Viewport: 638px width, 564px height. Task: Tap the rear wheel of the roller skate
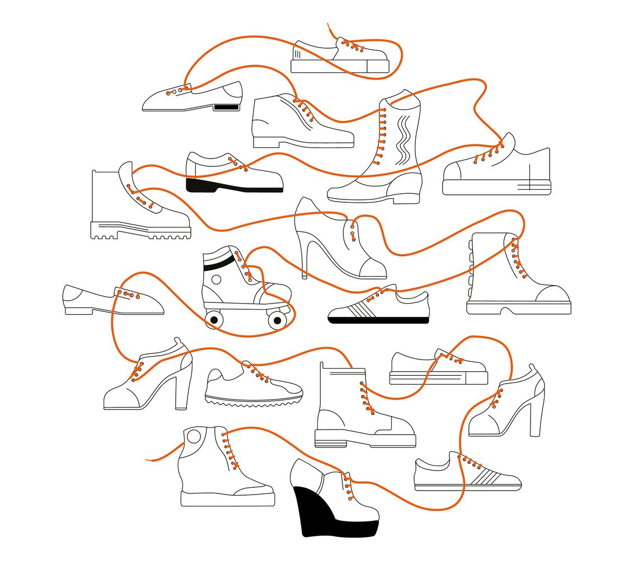pyautogui.click(x=213, y=320)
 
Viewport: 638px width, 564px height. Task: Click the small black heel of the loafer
pyautogui.click(x=226, y=106)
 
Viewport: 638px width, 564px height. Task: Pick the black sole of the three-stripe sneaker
pyautogui.click(x=378, y=320)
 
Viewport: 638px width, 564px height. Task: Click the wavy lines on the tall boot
pyautogui.click(x=403, y=137)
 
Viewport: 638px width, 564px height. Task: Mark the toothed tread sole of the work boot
pyautogui.click(x=140, y=232)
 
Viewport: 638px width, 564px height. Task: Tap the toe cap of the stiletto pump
pyautogui.click(x=373, y=268)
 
